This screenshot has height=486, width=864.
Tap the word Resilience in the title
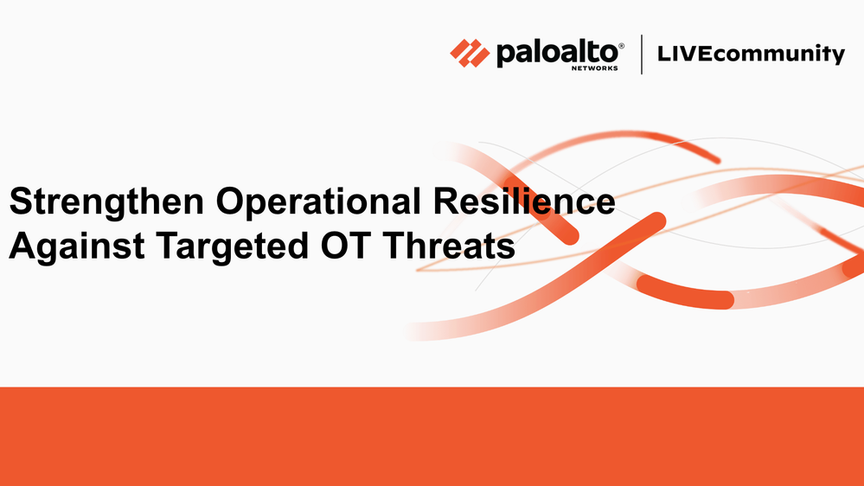[524, 201]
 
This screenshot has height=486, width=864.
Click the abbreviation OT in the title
[345, 246]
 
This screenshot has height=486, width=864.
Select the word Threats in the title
[449, 246]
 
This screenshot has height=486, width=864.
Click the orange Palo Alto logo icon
[470, 54]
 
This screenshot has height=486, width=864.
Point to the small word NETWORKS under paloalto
[594, 68]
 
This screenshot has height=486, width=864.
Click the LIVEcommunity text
[751, 54]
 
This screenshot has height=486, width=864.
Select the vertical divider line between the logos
[642, 54]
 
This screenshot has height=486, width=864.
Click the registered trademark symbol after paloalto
[622, 46]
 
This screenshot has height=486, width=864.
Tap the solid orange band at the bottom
[432, 437]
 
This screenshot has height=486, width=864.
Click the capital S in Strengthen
[22, 201]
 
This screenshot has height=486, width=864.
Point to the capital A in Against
[22, 246]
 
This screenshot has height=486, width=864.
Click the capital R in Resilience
[446, 201]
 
